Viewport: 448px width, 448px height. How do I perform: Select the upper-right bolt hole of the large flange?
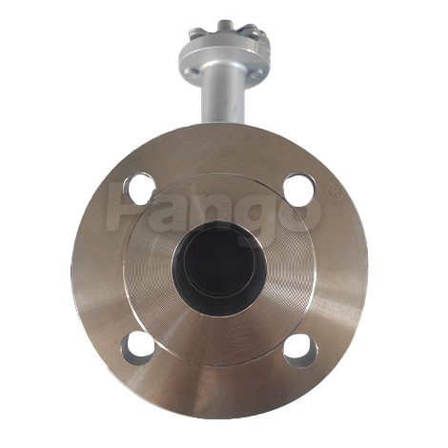click(x=299, y=190)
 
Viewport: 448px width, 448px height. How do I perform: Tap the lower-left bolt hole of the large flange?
click(x=137, y=348)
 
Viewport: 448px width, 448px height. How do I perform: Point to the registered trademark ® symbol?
click(x=335, y=193)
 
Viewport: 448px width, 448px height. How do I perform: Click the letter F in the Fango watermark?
click(x=123, y=208)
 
